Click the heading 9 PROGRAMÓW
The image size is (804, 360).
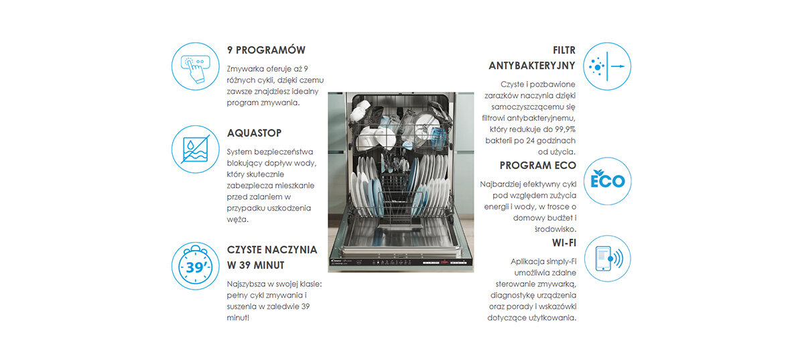[x=266, y=50]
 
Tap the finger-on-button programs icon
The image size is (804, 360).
[x=195, y=66]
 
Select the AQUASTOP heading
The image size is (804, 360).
[x=254, y=133]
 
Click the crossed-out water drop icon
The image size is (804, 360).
[x=195, y=149]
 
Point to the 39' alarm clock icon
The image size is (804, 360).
[x=195, y=266]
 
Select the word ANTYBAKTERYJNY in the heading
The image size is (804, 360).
[x=532, y=66]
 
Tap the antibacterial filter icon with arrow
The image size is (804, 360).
[x=607, y=66]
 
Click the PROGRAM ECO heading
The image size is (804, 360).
[x=537, y=166]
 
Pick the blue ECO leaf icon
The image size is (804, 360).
[x=607, y=181]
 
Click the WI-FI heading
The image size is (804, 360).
[x=564, y=243]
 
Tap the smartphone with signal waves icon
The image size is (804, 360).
[x=607, y=259]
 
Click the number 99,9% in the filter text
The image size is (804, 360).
[x=565, y=129]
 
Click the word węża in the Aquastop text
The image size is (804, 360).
[x=237, y=219]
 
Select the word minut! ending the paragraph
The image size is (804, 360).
[x=238, y=318]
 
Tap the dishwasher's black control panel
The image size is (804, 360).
[x=401, y=262]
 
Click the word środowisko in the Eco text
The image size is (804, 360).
[x=555, y=229]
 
